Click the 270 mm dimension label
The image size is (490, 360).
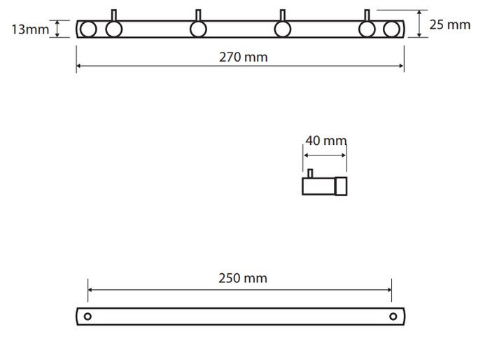pyautogui.click(x=243, y=57)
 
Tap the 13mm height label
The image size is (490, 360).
pyautogui.click(x=29, y=29)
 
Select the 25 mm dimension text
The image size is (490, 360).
pyautogui.click(x=449, y=25)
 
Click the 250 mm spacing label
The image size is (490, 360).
pyautogui.click(x=243, y=278)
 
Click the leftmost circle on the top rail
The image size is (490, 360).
pyautogui.click(x=88, y=29)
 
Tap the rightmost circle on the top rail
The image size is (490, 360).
pyautogui.click(x=391, y=29)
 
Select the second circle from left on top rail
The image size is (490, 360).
pyautogui.click(x=114, y=29)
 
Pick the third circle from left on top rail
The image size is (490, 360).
pyautogui.click(x=198, y=29)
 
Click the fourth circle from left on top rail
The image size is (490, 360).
pyautogui.click(x=283, y=29)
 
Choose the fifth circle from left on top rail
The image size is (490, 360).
pyautogui.click(x=367, y=29)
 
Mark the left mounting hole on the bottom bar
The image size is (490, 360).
pyautogui.click(x=87, y=317)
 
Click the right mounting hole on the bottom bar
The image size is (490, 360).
pyautogui.click(x=392, y=317)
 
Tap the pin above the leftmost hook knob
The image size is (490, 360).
pyautogui.click(x=114, y=15)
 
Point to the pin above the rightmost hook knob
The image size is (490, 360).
pyautogui.click(x=367, y=15)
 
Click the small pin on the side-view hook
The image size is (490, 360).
pyautogui.click(x=309, y=173)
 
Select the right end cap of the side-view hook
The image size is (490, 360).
pyautogui.click(x=341, y=186)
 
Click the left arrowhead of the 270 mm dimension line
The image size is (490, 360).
pyautogui.click(x=79, y=66)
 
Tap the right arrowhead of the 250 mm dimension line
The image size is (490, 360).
pyautogui.click(x=388, y=289)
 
